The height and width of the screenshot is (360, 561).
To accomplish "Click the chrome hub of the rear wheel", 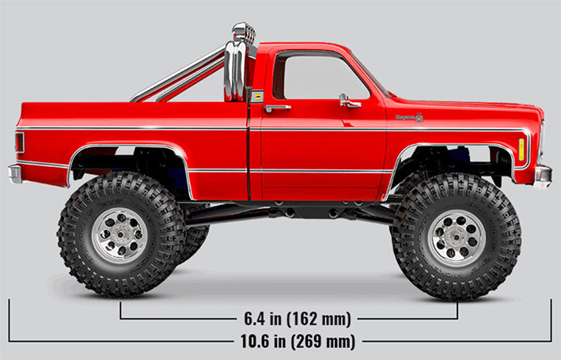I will (x=119, y=235).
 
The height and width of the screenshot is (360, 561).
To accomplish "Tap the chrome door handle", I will (x=278, y=108).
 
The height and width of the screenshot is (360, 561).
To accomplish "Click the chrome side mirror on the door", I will (x=348, y=101).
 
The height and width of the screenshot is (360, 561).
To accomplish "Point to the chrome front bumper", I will (x=542, y=174).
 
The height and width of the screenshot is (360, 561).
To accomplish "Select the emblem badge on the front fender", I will (x=409, y=118).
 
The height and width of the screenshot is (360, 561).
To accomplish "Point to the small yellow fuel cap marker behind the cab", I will (x=256, y=96).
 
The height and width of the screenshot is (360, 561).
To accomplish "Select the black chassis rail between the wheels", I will (x=293, y=210).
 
